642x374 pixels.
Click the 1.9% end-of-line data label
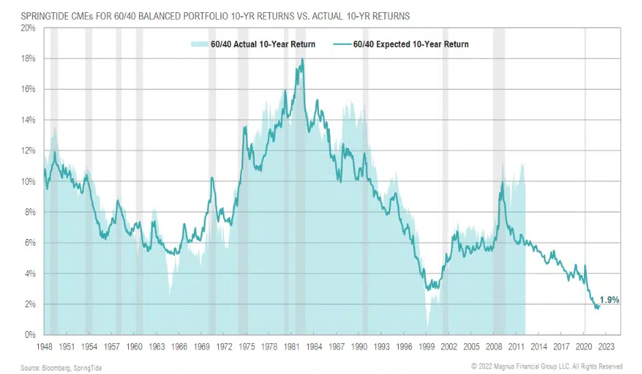[609, 300]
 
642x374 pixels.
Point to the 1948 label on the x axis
[43, 346]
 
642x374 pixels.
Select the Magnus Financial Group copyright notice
[547, 367]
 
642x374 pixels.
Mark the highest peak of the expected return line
[302, 59]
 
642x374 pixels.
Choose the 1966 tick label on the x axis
[179, 346]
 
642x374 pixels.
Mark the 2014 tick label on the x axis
[540, 346]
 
